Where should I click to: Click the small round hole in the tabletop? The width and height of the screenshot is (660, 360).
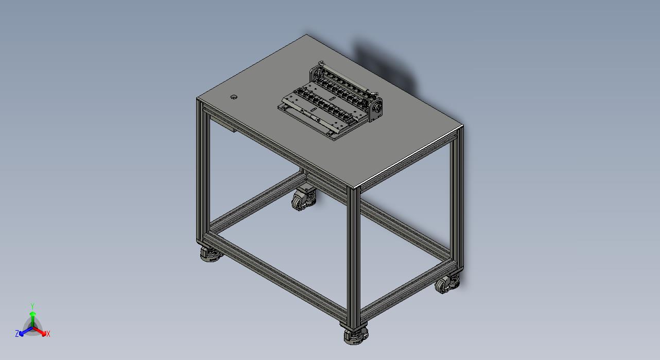coord(234,97)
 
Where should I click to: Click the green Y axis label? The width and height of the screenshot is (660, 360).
coord(32,305)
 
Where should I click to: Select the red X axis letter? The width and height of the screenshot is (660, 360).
coord(48,334)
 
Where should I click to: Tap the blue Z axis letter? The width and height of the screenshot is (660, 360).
coord(17,334)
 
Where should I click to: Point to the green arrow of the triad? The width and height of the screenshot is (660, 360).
coord(32,315)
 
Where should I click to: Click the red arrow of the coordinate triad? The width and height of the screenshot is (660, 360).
coord(41,331)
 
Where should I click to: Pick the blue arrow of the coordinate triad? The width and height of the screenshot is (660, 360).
coord(24,331)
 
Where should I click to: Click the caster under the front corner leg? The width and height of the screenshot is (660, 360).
coord(356,335)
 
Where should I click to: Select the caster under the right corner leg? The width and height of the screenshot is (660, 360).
coord(446,284)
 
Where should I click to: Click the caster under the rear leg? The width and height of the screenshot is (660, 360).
coord(303,198)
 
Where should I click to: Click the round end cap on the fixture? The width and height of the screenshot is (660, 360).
coord(377,109)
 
